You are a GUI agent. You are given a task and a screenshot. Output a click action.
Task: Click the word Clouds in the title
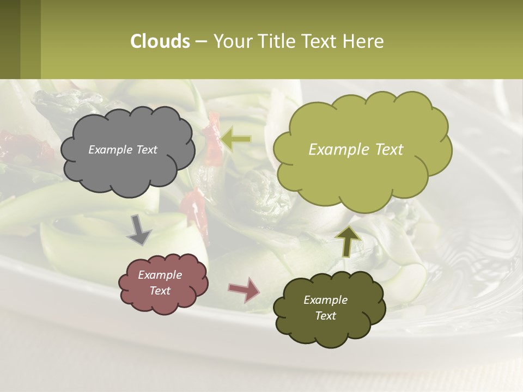160,41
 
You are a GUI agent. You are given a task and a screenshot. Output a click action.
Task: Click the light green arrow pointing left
235,139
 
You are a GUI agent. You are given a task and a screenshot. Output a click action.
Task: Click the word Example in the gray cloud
111,150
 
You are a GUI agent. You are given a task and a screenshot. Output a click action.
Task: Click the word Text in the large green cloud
386,150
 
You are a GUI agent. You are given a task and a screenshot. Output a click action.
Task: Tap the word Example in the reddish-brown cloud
160,275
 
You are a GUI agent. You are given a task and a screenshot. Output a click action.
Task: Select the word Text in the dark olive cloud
325,316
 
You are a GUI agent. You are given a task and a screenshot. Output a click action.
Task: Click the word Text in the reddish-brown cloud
160,291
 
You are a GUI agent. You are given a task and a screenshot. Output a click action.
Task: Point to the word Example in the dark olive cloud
325,300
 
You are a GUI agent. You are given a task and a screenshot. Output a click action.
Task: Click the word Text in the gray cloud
146,150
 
